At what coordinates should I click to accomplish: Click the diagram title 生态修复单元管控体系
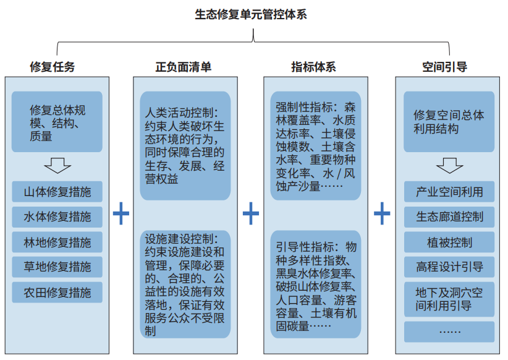click(251, 15)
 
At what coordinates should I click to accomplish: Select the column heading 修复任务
click(53, 67)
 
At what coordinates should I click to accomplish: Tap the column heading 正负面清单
click(184, 67)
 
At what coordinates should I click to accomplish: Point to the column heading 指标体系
click(313, 67)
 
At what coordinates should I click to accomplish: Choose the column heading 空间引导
click(444, 67)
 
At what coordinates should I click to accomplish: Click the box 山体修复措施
click(57, 192)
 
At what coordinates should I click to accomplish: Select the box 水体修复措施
click(57, 216)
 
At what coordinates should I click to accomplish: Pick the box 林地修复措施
click(57, 242)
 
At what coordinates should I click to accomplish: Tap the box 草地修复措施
click(57, 267)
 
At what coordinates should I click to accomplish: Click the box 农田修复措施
click(57, 292)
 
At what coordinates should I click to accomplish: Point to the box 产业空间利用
click(449, 192)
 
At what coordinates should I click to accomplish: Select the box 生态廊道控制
click(449, 216)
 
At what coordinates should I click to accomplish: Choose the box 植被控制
click(449, 242)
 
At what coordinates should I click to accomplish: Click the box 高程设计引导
click(449, 267)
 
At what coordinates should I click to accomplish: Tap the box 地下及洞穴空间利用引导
click(449, 299)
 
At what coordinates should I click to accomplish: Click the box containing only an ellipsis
click(449, 332)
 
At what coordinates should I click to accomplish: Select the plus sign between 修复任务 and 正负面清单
click(121, 213)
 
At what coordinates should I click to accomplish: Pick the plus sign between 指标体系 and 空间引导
click(382, 213)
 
